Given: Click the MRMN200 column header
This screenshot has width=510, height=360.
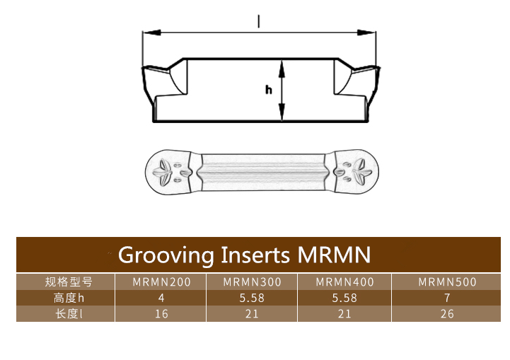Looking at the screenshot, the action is point(161,281).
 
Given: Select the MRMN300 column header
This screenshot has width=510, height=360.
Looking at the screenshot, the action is point(252,281).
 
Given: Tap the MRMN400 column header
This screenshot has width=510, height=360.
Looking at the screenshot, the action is point(344,281).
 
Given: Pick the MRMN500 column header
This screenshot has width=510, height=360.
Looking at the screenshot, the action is point(447,281).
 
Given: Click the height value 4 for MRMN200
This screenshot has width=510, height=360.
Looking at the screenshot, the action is point(161,298).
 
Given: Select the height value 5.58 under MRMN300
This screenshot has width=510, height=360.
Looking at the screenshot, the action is point(252,298).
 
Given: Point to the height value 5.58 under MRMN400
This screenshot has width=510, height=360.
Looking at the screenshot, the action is point(344,298).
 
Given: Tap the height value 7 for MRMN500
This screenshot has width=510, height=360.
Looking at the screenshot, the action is point(447,298).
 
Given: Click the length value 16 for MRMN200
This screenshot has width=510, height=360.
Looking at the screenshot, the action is point(161,314).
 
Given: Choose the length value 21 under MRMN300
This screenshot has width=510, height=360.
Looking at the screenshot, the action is point(252,314).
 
